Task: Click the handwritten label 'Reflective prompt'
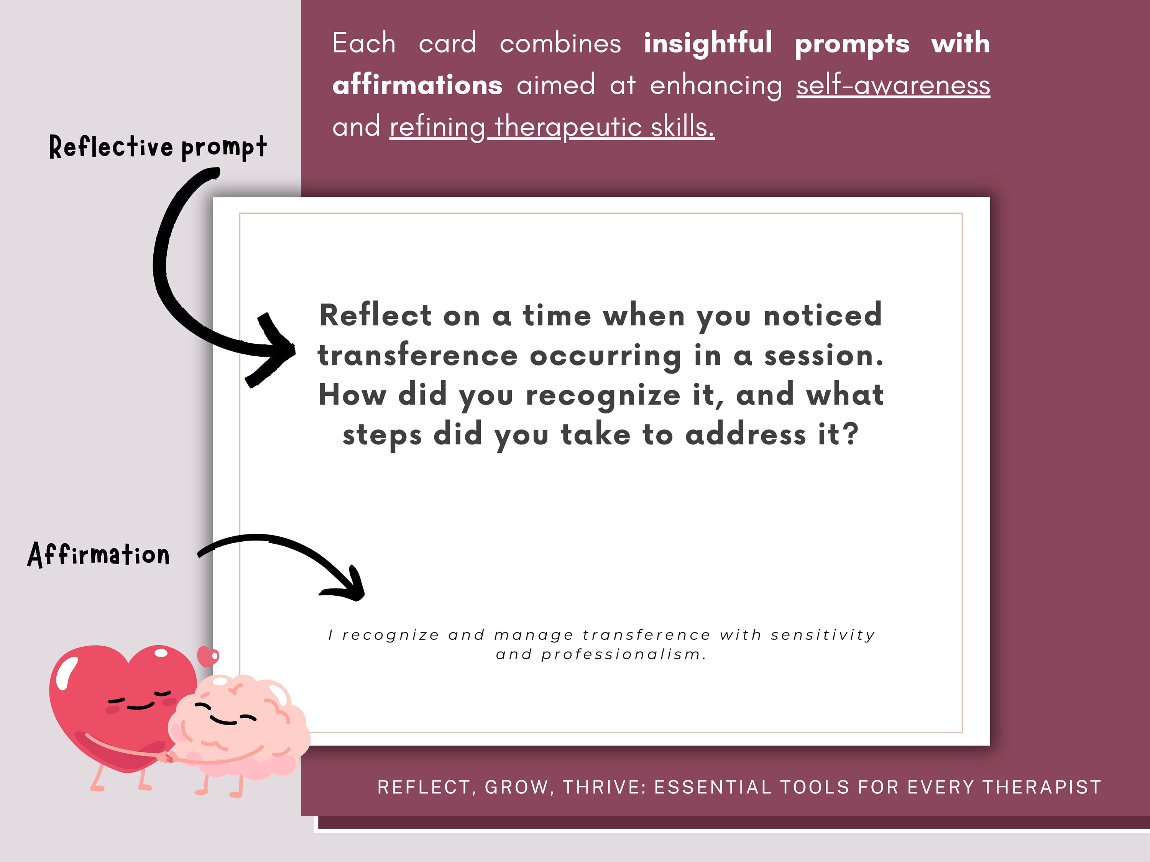coord(158,147)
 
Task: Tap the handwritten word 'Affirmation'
coord(99,554)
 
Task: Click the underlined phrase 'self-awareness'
coord(893,85)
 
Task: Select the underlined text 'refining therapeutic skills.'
coord(552,127)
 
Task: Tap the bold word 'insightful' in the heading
coord(708,43)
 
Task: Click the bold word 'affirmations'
coord(417,85)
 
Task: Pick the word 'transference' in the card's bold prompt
coord(417,356)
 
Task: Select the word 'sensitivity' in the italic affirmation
coord(823,635)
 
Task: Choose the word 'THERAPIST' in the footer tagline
coord(1042,787)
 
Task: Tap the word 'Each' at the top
coord(364,43)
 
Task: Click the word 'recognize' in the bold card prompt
coord(603,395)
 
